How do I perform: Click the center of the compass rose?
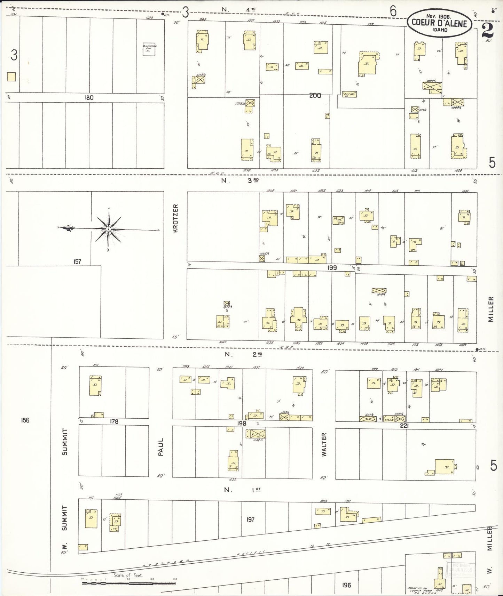point(108,229)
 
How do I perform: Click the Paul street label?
point(160,447)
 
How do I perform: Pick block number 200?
point(315,95)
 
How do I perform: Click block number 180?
point(89,98)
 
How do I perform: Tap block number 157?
point(77,261)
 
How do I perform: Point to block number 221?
point(404,426)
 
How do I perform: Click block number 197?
point(250,520)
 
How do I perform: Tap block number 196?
point(346,585)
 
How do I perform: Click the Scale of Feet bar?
point(129,583)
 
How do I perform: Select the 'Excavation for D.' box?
point(149,49)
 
